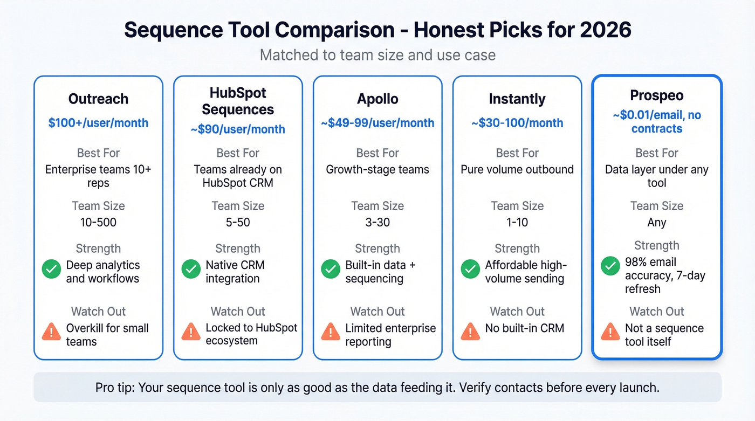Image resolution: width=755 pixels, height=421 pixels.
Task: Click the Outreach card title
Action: [98, 99]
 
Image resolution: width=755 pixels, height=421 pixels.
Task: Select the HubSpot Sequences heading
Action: [238, 101]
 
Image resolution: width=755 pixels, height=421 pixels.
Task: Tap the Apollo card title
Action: [377, 99]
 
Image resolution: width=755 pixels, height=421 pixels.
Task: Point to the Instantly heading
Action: [517, 99]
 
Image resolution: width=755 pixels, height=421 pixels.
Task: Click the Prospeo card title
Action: [656, 95]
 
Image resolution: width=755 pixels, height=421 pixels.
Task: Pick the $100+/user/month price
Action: [98, 123]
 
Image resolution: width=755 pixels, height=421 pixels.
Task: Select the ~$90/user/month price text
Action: [238, 129]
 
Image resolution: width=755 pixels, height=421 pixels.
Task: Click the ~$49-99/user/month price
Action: [377, 123]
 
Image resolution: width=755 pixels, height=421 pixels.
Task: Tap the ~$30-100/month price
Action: [517, 123]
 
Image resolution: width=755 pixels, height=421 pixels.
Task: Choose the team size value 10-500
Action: [98, 223]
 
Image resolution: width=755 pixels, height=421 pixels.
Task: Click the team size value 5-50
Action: [238, 223]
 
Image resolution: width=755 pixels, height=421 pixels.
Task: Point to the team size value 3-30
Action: [377, 223]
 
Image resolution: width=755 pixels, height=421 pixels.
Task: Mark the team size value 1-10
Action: [517, 223]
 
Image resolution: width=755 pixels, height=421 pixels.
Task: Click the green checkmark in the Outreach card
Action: [51, 269]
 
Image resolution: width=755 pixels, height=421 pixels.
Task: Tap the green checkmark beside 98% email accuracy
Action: [610, 266]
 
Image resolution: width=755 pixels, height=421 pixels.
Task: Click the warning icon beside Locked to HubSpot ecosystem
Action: [191, 331]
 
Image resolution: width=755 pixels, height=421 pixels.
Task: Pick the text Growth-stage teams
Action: [377, 169]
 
